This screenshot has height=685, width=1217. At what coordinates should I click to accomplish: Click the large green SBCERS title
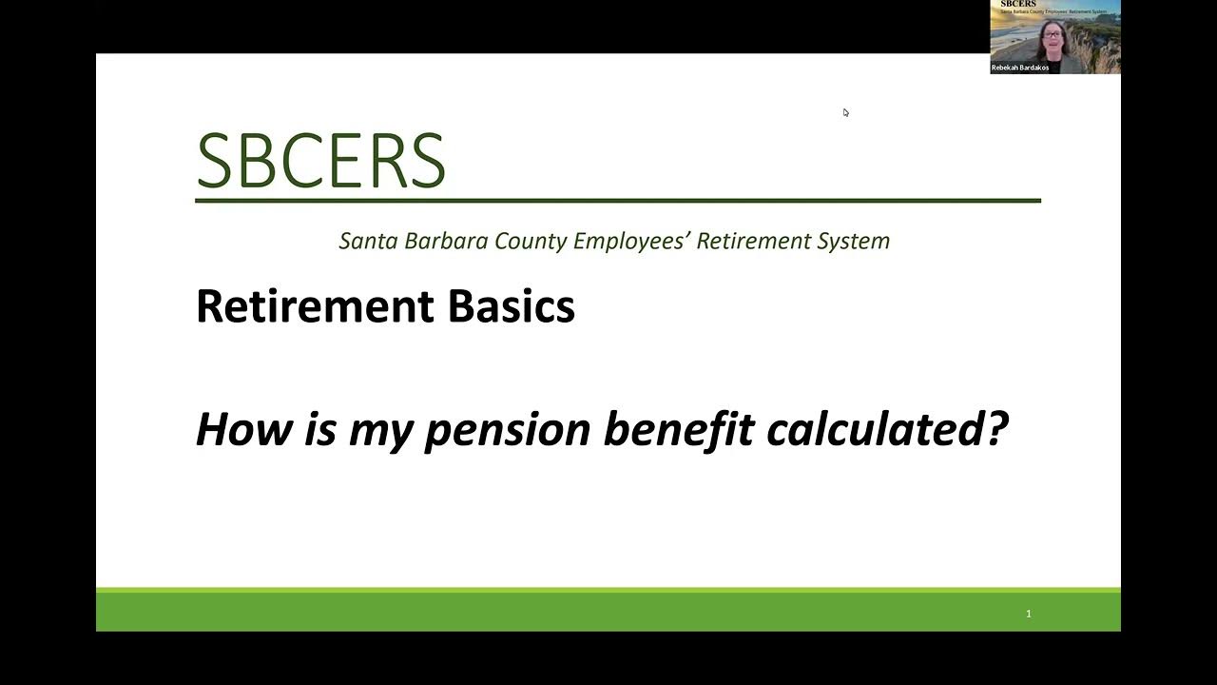(x=320, y=161)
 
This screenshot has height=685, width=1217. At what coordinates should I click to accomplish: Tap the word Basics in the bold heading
(x=511, y=306)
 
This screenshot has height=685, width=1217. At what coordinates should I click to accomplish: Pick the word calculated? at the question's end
(x=886, y=429)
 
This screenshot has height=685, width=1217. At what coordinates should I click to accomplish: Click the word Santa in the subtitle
(x=369, y=241)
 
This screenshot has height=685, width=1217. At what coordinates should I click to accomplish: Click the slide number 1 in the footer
(x=1028, y=614)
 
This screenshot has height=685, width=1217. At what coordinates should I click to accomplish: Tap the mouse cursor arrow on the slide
(x=845, y=112)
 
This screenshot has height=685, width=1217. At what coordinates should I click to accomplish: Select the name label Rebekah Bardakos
(x=1020, y=68)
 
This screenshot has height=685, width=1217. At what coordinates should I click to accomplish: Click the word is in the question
(x=321, y=429)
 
